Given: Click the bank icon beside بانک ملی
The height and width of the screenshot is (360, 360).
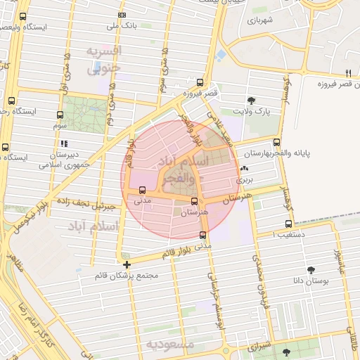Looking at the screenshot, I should click(122, 15).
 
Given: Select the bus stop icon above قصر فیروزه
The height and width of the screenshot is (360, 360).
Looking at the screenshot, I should click(200, 82).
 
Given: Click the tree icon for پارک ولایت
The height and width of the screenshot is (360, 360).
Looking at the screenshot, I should click(252, 101).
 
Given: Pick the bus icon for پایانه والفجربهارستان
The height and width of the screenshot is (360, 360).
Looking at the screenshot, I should click(276, 143).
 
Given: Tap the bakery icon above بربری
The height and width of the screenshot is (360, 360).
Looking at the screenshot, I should click(244, 169).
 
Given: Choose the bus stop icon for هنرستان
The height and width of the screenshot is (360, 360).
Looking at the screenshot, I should click(194, 201).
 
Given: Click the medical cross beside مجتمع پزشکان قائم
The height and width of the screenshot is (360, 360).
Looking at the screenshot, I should click(127, 264).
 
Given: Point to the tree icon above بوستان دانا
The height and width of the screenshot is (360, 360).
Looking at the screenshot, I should click(311, 269).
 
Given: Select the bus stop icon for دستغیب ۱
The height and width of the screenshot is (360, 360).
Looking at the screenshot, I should click(287, 224).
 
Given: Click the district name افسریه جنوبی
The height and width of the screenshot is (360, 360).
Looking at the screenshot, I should click(104, 60).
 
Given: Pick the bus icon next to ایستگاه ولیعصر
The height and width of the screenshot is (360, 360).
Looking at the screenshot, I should click(23, 16).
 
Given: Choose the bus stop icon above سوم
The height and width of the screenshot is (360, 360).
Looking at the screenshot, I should click(59, 114).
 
